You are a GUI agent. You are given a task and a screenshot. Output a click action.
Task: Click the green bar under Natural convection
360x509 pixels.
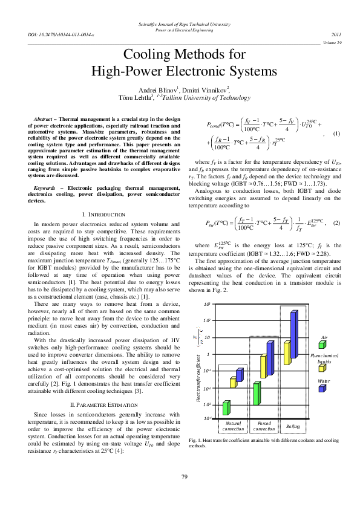[x=226, y=408]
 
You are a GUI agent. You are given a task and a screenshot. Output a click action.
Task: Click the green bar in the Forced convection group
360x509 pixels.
[x=257, y=394]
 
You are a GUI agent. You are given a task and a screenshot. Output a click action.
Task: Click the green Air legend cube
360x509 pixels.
[x=322, y=345]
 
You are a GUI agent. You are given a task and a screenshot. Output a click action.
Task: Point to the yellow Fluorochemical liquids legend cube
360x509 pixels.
[x=322, y=368]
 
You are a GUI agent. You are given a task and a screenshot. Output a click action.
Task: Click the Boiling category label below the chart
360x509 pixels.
[x=293, y=426]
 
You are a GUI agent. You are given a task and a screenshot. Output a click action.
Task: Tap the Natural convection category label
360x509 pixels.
[x=233, y=426]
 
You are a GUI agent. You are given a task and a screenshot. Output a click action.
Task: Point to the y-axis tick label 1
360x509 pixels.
[x=206, y=355]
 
